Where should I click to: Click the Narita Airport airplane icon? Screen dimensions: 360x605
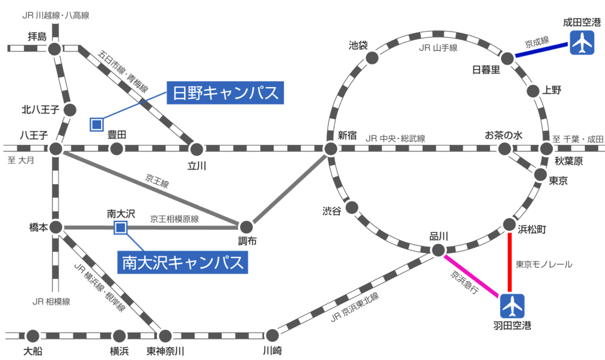point(582,43)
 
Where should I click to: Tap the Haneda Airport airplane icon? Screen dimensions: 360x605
point(513,305)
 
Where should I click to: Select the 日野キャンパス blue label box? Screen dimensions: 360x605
point(225,93)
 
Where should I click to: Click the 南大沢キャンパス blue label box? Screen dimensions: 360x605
point(183,262)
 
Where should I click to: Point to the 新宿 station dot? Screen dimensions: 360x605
point(331,149)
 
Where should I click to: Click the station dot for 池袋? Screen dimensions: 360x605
point(372,58)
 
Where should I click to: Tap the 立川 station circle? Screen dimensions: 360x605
point(196,149)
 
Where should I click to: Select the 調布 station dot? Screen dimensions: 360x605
point(246,227)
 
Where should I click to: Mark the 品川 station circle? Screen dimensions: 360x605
point(438,250)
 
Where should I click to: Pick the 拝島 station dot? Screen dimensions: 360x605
point(55,48)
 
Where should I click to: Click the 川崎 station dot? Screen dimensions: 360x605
point(272,335)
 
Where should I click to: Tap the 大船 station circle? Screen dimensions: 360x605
point(33,335)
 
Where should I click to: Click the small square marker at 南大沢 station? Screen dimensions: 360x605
point(120,227)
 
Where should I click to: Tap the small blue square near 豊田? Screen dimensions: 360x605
point(97,124)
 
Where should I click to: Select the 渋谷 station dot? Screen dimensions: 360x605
point(352,209)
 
